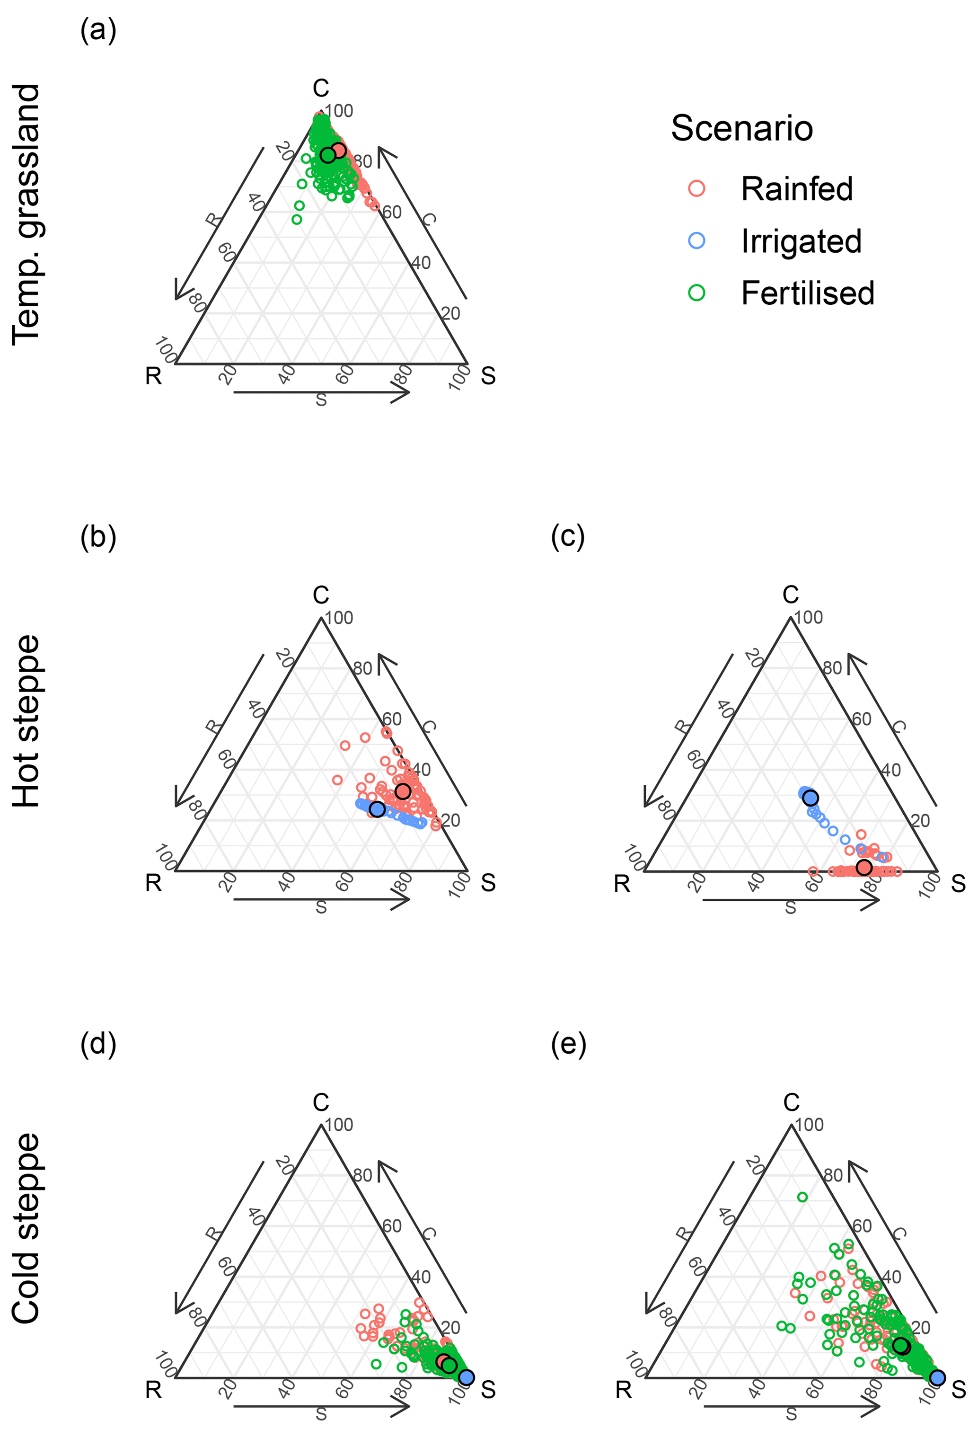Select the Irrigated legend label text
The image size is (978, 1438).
coord(801,241)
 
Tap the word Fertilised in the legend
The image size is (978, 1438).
coord(807,293)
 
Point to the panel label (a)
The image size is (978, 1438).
coord(98,30)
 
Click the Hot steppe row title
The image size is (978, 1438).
coord(26,721)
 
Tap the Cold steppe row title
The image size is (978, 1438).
coord(26,1228)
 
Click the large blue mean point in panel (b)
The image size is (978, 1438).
coord(377,809)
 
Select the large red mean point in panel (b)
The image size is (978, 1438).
coord(403,791)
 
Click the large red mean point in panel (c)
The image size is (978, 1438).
coord(864,868)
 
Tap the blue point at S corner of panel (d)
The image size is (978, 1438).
coord(467,1377)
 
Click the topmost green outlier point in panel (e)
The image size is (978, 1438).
coord(802,1197)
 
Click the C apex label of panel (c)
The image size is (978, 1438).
coord(791,595)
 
